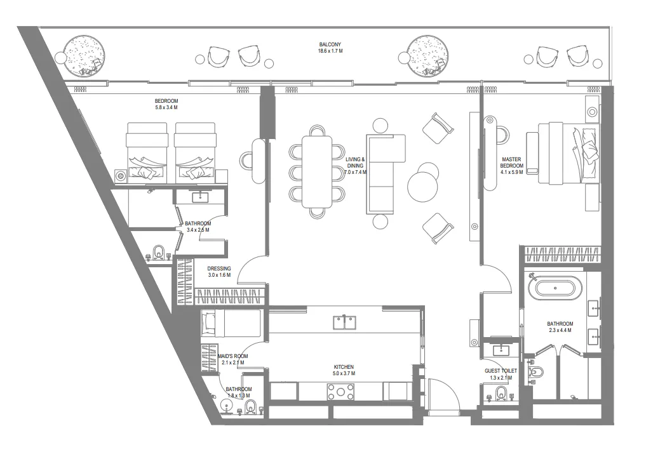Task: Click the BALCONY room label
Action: pos(330,44)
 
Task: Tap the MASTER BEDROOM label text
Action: pos(511,163)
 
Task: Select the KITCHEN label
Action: pos(344,367)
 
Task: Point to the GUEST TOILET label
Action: pos(501,370)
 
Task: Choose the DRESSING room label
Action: pos(219,269)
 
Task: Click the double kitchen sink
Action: pos(344,322)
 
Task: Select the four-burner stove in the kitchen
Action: pos(341,392)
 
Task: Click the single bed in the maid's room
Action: pos(231,324)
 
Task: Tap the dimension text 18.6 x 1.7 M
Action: pos(330,51)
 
